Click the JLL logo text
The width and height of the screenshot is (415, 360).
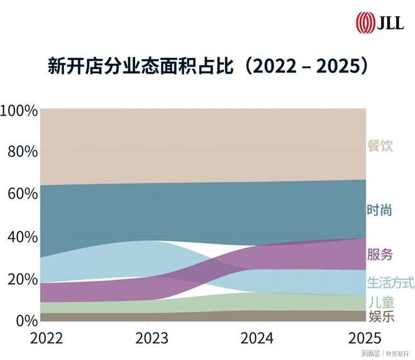pyautogui.click(x=391, y=23)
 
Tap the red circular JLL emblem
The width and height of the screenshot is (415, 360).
pyautogui.click(x=364, y=23)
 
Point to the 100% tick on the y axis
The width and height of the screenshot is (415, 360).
pyautogui.click(x=19, y=111)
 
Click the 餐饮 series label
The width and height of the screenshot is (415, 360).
pyautogui.click(x=380, y=146)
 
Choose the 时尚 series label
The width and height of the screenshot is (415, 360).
pyautogui.click(x=380, y=210)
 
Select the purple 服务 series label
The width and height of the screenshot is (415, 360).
pyautogui.click(x=380, y=255)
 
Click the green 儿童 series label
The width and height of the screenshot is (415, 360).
pyautogui.click(x=380, y=302)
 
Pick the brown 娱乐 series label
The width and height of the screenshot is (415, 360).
pyautogui.click(x=380, y=316)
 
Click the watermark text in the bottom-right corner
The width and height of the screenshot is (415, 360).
pyautogui.click(x=384, y=354)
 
